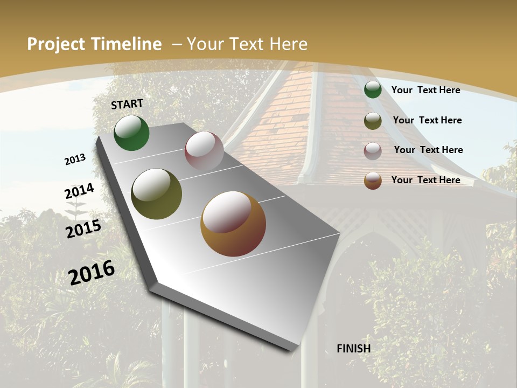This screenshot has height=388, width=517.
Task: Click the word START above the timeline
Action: click(127, 104)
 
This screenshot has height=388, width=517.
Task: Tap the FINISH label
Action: click(354, 349)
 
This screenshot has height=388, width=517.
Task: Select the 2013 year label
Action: click(75, 159)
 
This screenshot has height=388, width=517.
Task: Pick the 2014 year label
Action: click(79, 191)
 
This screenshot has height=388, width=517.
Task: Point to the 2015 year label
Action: click(83, 229)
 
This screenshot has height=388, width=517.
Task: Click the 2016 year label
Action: click(92, 272)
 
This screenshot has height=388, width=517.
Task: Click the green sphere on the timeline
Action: click(131, 133)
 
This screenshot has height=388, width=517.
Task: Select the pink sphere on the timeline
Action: click(204, 151)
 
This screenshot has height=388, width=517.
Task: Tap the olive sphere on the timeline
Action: click(156, 194)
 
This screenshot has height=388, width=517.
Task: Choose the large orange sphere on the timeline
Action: click(233, 224)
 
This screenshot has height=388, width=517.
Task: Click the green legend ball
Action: click(373, 89)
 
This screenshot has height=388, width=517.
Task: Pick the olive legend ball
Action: click(373, 121)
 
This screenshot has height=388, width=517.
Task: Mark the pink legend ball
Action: click(373, 151)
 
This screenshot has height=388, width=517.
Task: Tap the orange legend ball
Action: click(373, 181)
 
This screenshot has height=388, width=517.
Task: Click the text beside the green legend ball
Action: click(425, 90)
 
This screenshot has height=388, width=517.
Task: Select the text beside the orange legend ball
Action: click(425, 180)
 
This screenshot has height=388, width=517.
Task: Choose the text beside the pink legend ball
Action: click(428, 150)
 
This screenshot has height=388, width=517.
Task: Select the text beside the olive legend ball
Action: click(427, 120)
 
